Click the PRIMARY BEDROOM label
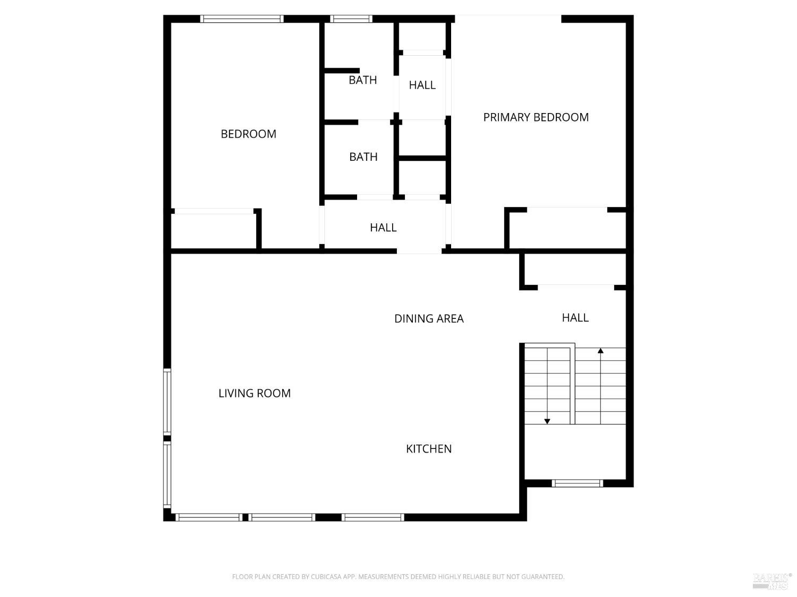pyautogui.click(x=536, y=117)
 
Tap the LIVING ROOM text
pyautogui.click(x=255, y=393)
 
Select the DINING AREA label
pyautogui.click(x=429, y=318)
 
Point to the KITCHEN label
pyautogui.click(x=429, y=449)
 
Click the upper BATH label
pyautogui.click(x=363, y=80)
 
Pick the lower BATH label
pyautogui.click(x=363, y=157)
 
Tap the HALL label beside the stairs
pyautogui.click(x=575, y=317)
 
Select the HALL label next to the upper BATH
pyautogui.click(x=422, y=85)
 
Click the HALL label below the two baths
pyautogui.click(x=383, y=227)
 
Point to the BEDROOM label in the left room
pyautogui.click(x=248, y=134)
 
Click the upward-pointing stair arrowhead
pyautogui.click(x=600, y=351)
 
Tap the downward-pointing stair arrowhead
pyautogui.click(x=547, y=421)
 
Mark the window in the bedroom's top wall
pyautogui.click(x=242, y=19)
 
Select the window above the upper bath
pyautogui.click(x=351, y=19)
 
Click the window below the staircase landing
pyautogui.click(x=578, y=483)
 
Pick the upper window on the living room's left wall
pyautogui.click(x=167, y=402)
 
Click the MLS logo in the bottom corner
pyautogui.click(x=772, y=581)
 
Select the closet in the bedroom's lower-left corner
pyautogui.click(x=214, y=230)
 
